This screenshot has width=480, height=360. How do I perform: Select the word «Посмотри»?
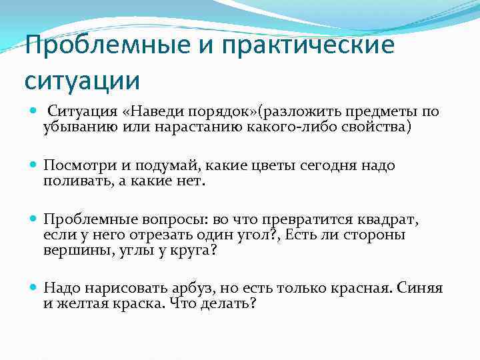pos(75,165)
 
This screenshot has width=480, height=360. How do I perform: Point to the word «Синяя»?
pos(419,288)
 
